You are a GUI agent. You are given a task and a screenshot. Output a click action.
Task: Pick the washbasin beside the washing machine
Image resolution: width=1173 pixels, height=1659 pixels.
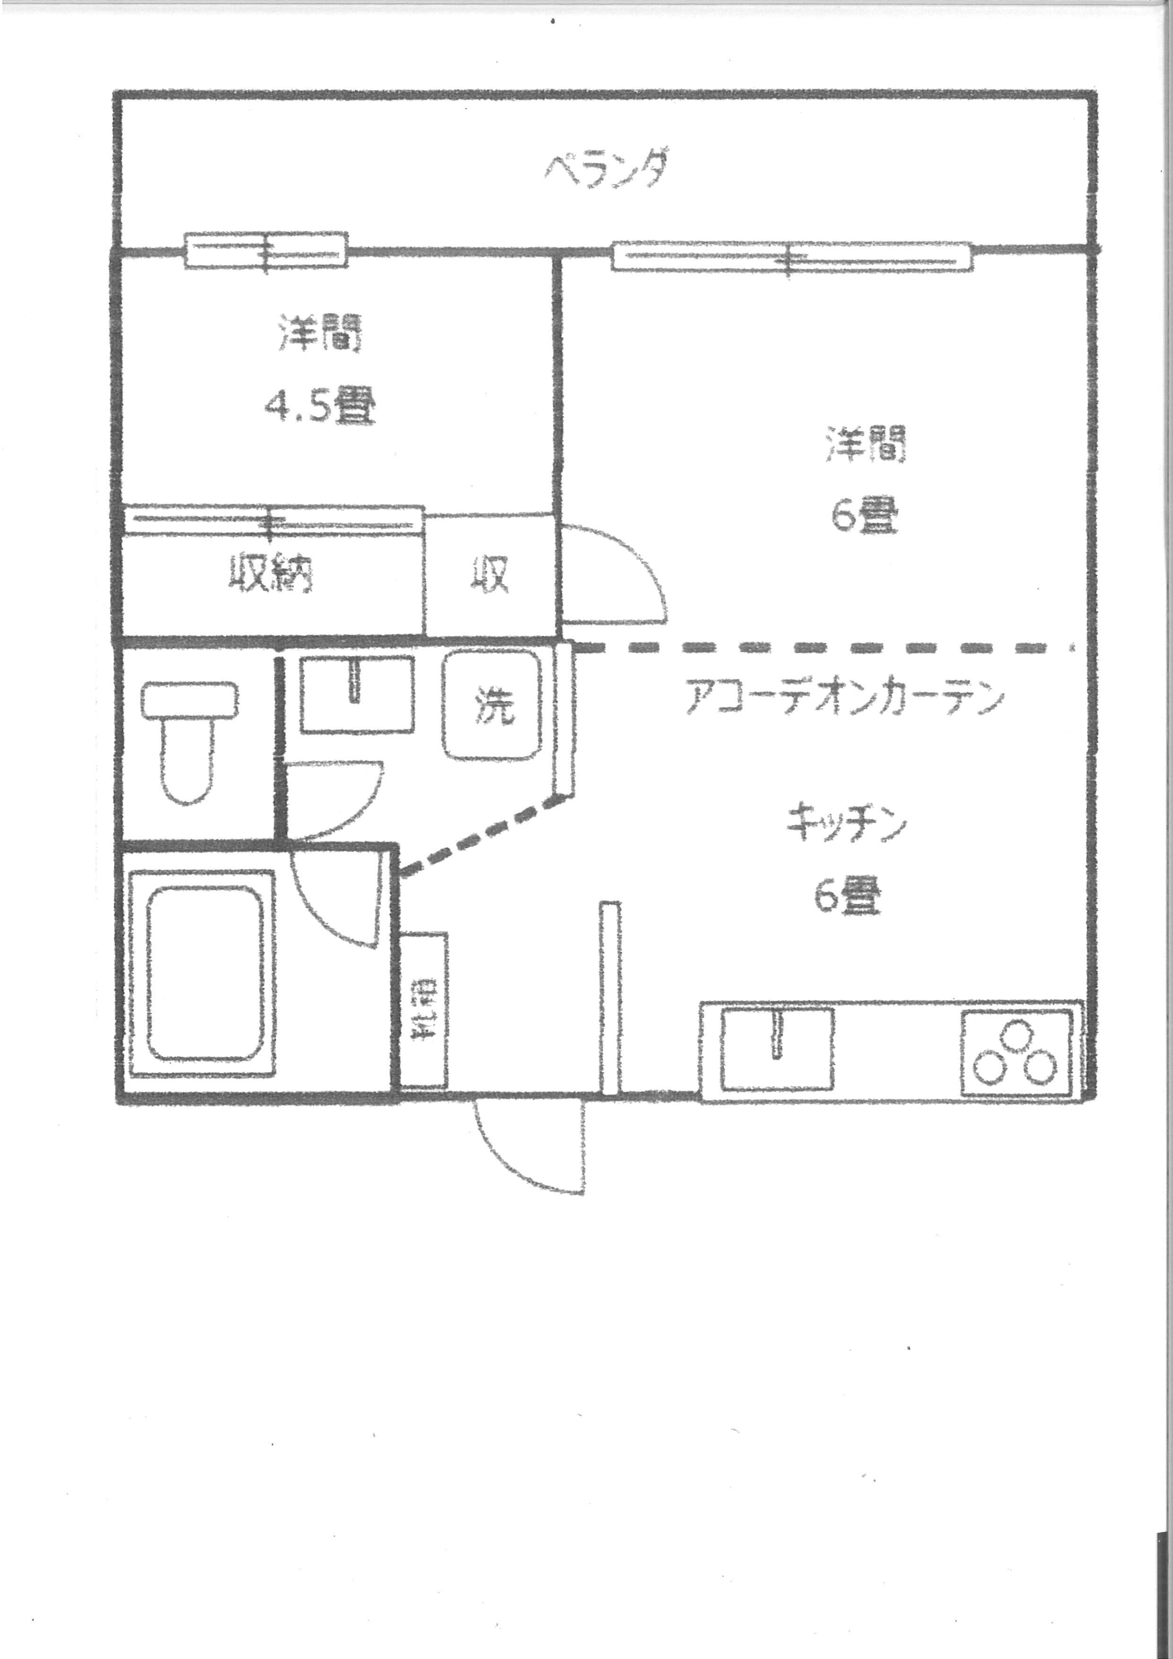pos(356,693)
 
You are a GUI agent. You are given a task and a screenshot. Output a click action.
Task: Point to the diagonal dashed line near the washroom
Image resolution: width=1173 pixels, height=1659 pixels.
pos(482,834)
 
